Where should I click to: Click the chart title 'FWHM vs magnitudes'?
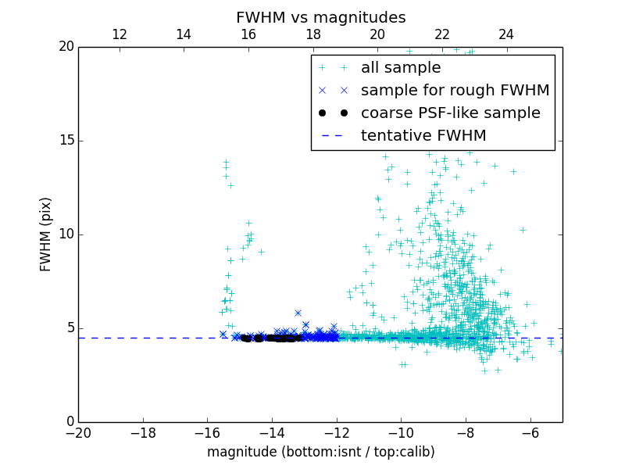[320, 17]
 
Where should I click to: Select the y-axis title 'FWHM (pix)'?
[46, 234]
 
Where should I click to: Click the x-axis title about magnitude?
[320, 452]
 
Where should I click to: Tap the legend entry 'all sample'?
[401, 68]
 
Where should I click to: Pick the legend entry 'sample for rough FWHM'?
[455, 91]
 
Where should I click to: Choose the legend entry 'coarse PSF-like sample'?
[450, 113]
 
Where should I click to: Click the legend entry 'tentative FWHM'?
[423, 136]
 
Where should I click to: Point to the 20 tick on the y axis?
[65, 47]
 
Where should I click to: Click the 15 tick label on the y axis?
[65, 141]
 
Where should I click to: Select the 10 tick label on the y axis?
[65, 234]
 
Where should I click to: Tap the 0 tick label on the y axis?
[69, 422]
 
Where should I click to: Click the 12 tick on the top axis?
[120, 34]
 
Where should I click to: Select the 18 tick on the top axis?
[312, 34]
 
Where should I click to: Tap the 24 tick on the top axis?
[506, 34]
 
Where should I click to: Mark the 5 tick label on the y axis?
[69, 328]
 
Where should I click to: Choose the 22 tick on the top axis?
[442, 34]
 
